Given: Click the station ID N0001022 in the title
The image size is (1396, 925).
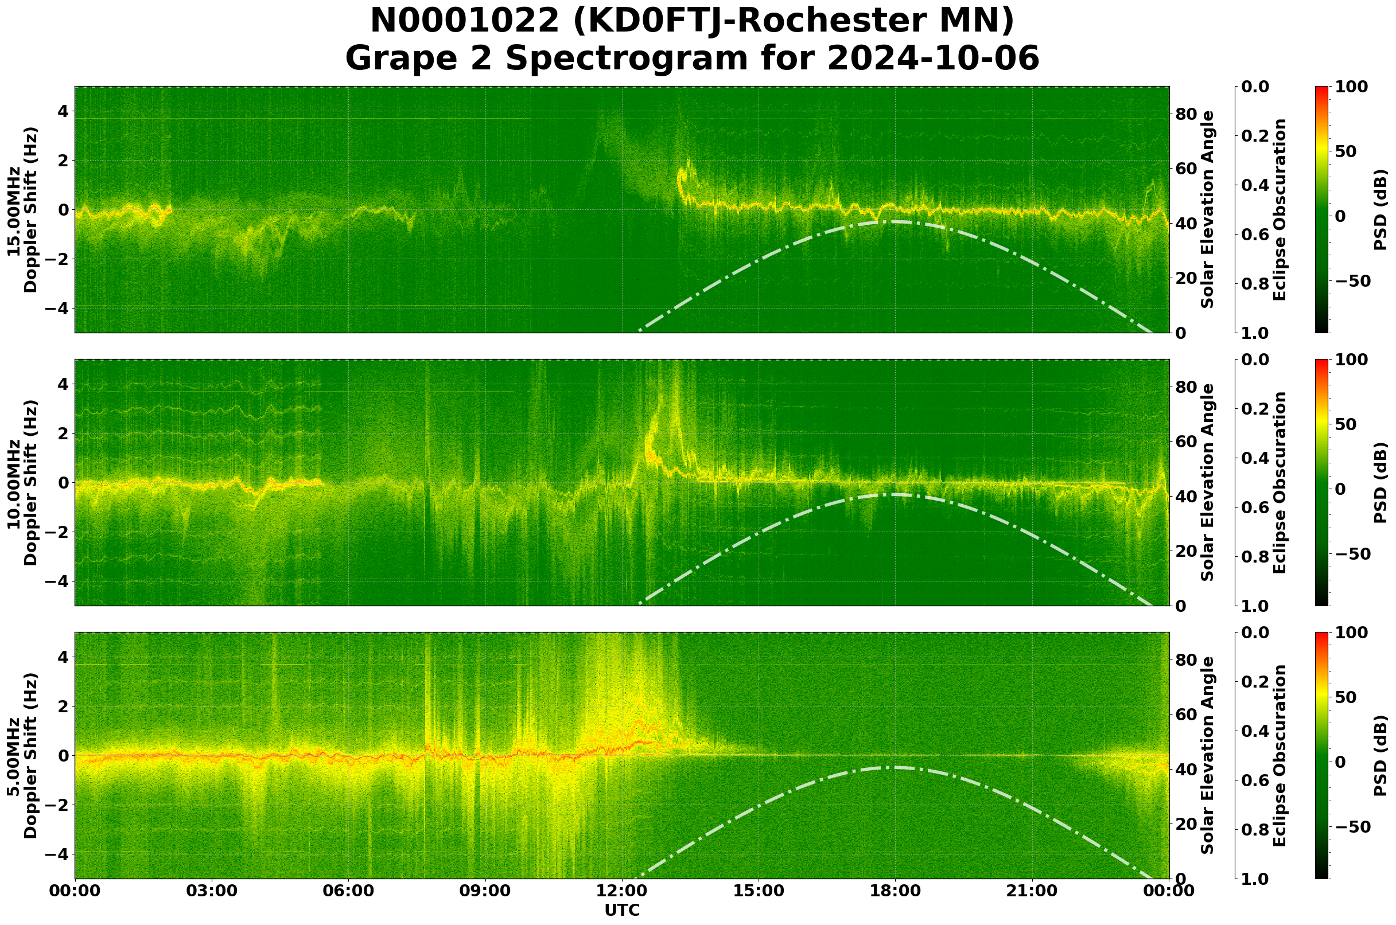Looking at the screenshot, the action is coord(465,21).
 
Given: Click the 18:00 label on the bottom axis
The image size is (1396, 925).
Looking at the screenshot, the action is coord(895,891).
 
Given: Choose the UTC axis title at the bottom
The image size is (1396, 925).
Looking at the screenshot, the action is coord(621,910).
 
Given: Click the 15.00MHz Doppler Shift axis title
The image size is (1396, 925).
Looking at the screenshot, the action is coord(22,209).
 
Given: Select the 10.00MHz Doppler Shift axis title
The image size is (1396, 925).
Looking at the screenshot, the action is coord(22,482).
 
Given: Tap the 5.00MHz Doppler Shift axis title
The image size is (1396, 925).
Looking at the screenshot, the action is coord(22,755).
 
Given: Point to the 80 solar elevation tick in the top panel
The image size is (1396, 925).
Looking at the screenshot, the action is coord(1185,114).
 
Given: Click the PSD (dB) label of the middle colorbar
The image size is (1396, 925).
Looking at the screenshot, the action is coord(1380,482).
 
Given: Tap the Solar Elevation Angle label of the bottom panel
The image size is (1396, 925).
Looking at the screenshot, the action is coord(1208,755).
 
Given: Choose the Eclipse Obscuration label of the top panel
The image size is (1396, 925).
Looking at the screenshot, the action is coord(1279,209).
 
